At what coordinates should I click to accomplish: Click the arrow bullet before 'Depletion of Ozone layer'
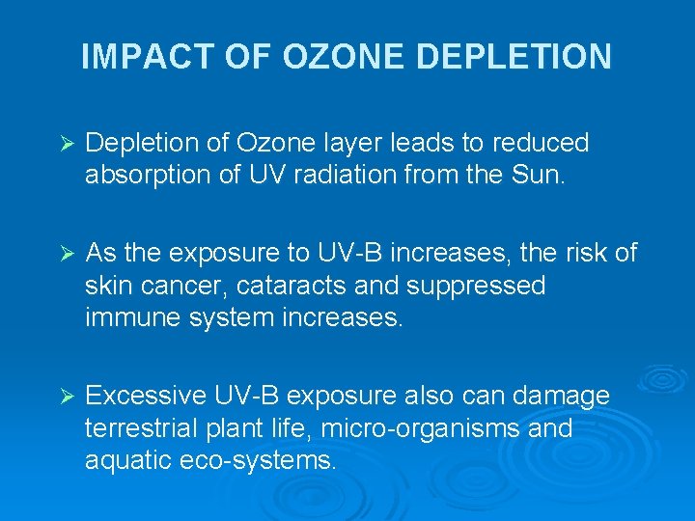(67, 145)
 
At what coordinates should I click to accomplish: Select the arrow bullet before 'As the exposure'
(67, 255)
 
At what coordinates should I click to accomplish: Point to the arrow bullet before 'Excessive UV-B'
(67, 397)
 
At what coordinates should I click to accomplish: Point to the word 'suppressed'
(484, 286)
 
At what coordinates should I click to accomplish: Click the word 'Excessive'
(146, 396)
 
